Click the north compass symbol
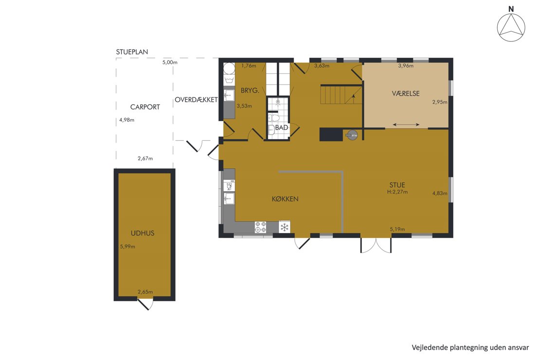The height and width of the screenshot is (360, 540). [511, 25]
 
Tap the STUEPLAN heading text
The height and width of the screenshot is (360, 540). [132, 52]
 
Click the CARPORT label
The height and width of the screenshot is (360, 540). [145, 107]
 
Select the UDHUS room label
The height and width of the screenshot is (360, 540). [143, 233]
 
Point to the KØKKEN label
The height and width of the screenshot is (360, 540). [285, 199]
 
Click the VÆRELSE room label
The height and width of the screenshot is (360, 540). [406, 93]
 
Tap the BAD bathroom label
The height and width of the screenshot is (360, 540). [281, 128]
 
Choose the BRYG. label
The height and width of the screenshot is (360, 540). [250, 90]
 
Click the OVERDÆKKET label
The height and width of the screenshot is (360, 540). [197, 100]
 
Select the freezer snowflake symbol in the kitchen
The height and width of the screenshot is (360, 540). [285, 227]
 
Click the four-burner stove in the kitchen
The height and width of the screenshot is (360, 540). [260, 227]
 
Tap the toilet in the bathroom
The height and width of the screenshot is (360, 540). [274, 118]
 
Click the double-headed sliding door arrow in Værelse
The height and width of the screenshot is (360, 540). [406, 125]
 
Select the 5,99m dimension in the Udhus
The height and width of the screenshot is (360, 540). [127, 247]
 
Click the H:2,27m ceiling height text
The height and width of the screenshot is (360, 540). [397, 192]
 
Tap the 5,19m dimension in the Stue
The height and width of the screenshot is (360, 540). [397, 229]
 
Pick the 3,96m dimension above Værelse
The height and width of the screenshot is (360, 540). [406, 66]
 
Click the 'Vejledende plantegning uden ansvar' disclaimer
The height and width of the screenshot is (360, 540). [470, 348]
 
